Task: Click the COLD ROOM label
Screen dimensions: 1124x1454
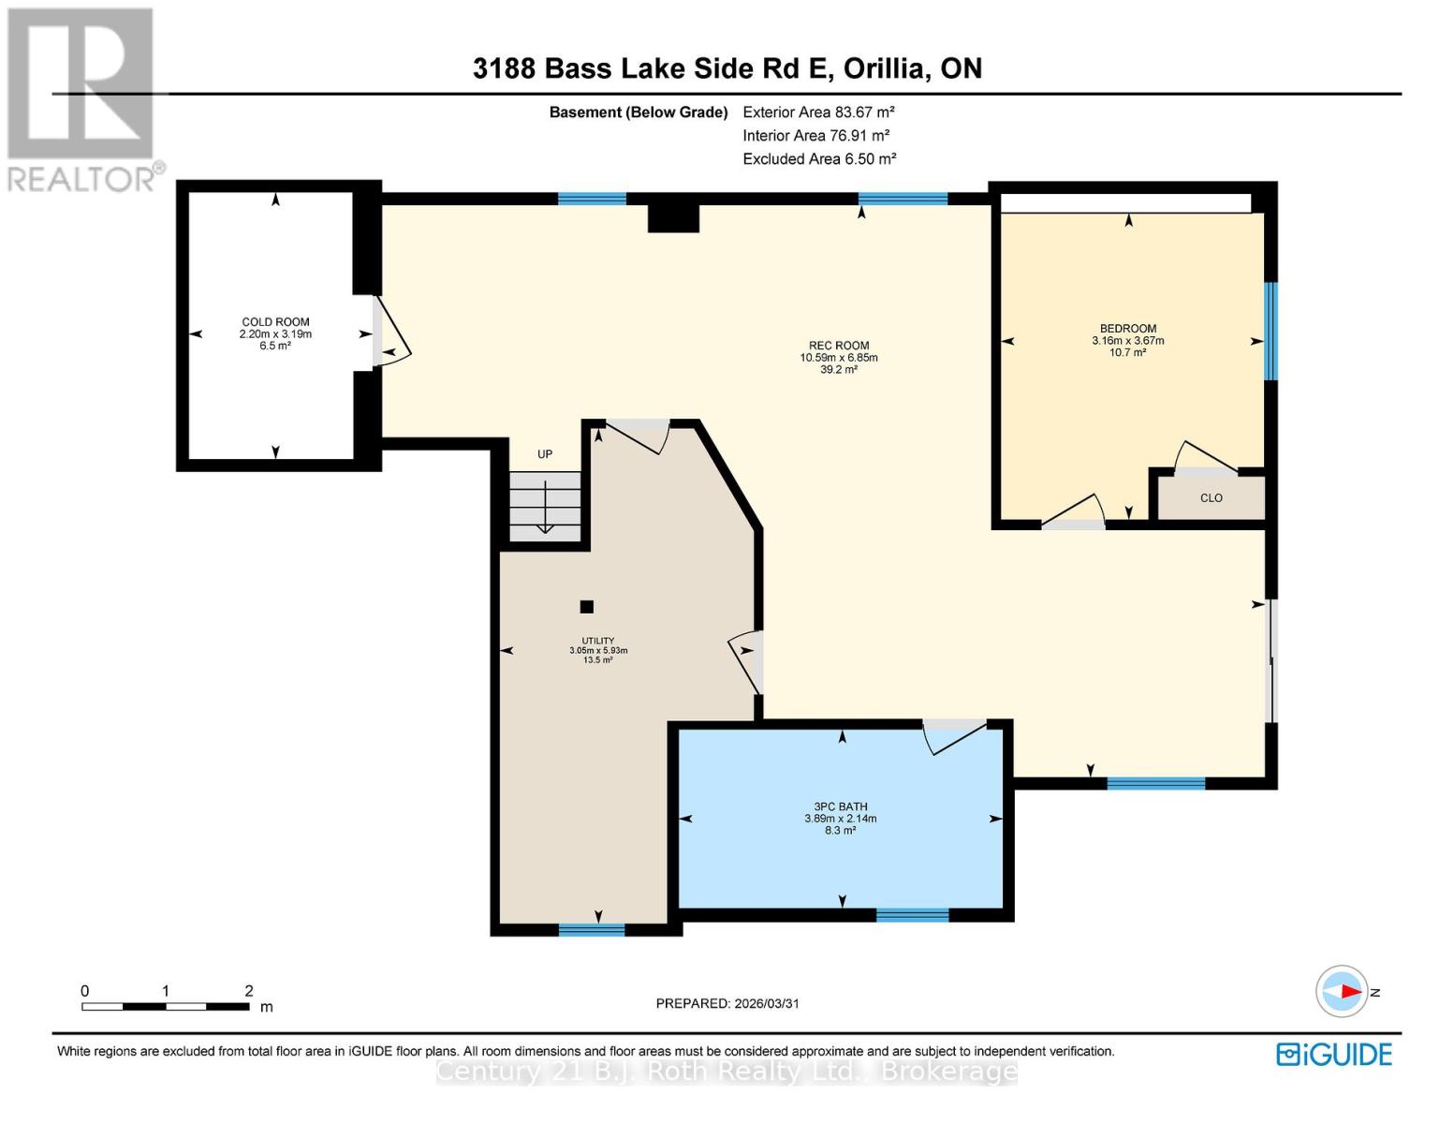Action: point(275,322)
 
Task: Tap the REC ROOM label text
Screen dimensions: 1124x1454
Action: point(839,346)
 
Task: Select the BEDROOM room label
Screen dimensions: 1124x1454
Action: point(1127,329)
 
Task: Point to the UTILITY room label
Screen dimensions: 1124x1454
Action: point(597,642)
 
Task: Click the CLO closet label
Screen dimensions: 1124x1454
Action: point(1211,498)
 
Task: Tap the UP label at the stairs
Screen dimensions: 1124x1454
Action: point(544,454)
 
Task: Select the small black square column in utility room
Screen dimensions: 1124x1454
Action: point(586,607)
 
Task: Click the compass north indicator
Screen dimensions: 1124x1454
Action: point(1343,991)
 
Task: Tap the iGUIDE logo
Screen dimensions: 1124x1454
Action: point(1334,1055)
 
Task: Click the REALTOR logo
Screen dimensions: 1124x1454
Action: point(82,98)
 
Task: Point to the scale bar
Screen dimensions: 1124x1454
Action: point(166,1007)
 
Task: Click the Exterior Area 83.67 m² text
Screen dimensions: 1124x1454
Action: point(818,111)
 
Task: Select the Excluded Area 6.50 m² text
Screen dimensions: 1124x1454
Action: point(819,159)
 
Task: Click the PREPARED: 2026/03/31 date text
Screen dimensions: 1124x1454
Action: point(727,1003)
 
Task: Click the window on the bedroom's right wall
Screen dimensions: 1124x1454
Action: point(1270,332)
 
